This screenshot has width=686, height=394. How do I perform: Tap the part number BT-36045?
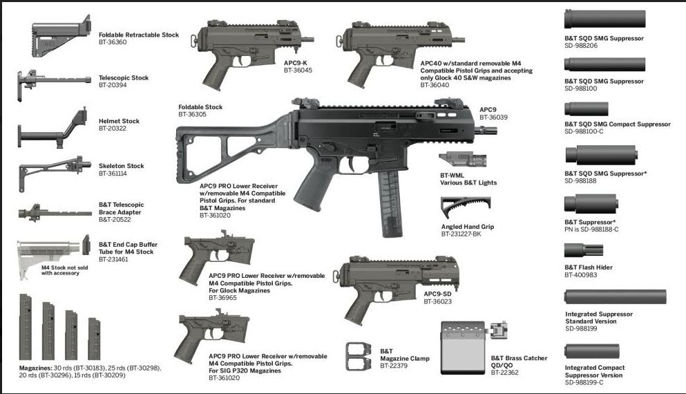coord(298,70)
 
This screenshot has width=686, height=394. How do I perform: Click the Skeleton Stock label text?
coord(122,166)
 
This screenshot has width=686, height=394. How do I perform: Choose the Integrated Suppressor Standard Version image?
coord(615,297)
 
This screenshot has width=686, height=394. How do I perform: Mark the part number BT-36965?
coord(224,298)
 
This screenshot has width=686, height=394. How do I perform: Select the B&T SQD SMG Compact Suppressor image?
coord(587,109)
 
